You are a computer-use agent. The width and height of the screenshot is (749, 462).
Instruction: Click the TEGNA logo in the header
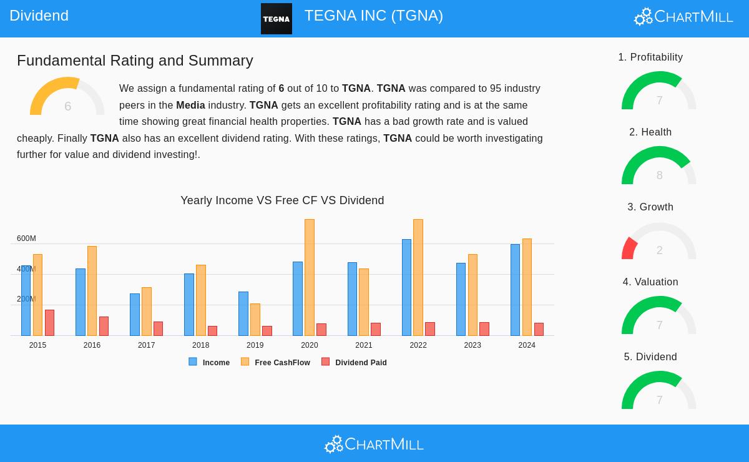point(276,19)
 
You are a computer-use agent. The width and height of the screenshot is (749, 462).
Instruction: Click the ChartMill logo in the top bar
point(683,16)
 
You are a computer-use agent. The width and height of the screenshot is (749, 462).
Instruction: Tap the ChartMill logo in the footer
point(374,444)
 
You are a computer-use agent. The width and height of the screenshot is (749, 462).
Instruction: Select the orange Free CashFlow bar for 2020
point(310,278)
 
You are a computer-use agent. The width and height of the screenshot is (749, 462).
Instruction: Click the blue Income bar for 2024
point(515,290)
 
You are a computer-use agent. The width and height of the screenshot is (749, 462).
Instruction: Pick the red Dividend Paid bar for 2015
point(49,323)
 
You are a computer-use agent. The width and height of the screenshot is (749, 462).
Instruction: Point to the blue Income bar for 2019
point(243,314)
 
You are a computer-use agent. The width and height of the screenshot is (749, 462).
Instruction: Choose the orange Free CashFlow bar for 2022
point(418,278)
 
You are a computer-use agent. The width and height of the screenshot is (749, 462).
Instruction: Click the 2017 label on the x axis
point(146,345)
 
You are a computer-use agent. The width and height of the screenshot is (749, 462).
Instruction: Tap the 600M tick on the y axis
point(26,238)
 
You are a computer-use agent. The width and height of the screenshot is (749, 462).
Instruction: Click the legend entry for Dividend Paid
point(354,362)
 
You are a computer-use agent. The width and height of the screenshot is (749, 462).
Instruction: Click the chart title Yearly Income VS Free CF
point(282,200)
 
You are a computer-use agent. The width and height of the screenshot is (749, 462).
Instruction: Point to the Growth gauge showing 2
point(658,242)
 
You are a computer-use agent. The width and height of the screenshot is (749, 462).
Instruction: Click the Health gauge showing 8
point(658,167)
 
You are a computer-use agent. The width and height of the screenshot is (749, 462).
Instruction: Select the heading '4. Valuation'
point(650,282)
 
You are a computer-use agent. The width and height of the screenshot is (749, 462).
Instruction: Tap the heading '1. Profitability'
point(650,57)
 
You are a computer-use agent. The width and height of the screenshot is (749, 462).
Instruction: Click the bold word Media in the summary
point(190,105)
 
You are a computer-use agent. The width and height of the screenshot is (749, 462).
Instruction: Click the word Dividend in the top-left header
point(39,16)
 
